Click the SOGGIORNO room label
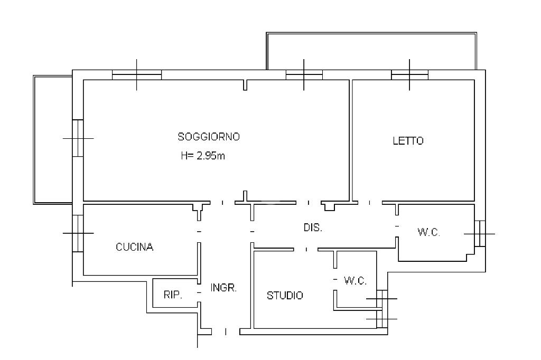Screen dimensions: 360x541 (209, 137)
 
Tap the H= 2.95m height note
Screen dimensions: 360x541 (203, 156)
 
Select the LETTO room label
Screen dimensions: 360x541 (408, 141)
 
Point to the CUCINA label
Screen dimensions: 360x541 (135, 247)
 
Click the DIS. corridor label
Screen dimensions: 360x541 (313, 228)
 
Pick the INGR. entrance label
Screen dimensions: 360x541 (223, 288)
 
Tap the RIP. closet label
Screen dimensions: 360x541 (172, 295)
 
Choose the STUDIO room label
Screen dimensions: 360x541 (285, 296)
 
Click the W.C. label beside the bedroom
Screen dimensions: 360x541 (428, 232)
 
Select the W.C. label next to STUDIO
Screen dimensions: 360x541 (355, 281)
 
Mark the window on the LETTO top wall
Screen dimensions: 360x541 (409, 75)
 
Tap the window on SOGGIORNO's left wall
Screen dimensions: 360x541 (78, 138)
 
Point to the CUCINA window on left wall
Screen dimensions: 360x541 (78, 233)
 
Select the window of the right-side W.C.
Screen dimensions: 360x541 (479, 233)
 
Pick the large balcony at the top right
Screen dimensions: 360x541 (371, 51)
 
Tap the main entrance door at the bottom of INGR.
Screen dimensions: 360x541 (226, 331)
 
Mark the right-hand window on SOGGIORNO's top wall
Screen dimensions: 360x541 (304, 75)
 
